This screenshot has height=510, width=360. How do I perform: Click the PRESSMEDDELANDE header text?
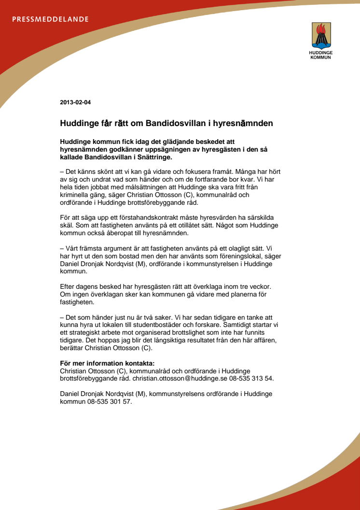tap(50, 19)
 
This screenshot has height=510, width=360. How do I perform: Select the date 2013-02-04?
tap(76, 102)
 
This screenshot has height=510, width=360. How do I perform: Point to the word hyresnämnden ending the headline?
tap(245, 123)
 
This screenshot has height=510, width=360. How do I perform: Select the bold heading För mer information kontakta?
tap(110, 363)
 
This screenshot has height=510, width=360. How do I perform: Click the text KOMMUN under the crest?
tap(320, 57)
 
